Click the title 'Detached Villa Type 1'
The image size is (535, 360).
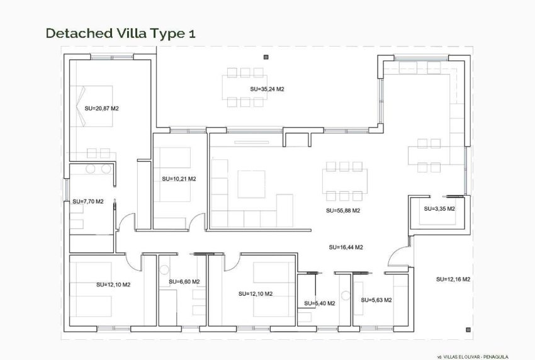[x=120, y=33]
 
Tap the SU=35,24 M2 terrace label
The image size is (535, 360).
[x=267, y=89]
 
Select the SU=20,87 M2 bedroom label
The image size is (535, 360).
[x=102, y=108]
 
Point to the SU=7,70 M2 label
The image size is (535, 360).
[x=87, y=201]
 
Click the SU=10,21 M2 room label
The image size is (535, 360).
[x=179, y=179]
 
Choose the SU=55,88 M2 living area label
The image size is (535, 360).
[x=343, y=210]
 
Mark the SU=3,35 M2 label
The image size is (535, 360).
[x=439, y=208]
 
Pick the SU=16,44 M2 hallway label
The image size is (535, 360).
[x=346, y=247]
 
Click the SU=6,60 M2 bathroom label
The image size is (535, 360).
[x=183, y=281]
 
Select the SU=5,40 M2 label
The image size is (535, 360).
[x=319, y=303]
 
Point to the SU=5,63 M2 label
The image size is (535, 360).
[x=376, y=300]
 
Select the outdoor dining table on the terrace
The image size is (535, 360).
[x=242, y=87]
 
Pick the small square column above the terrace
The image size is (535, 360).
[x=266, y=57]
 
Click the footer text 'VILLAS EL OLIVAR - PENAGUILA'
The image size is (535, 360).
[x=479, y=356]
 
